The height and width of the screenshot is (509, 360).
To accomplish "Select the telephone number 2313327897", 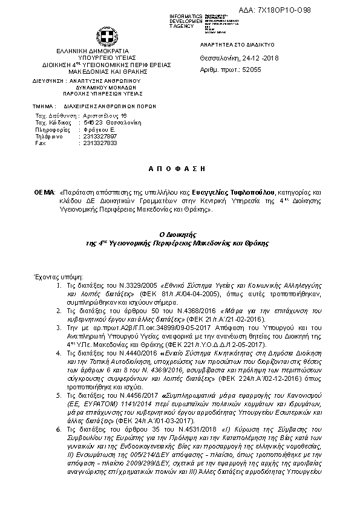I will (100, 136).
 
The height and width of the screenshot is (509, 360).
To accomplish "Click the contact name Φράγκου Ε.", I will (99, 129).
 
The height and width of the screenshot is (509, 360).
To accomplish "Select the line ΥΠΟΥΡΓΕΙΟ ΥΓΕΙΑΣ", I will (89, 59).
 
